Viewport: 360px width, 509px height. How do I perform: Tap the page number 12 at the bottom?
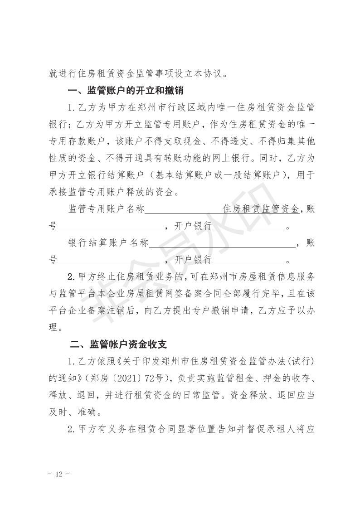[58, 475]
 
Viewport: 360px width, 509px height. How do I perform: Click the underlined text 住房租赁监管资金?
[262, 209]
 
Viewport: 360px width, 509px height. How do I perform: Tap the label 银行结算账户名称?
[108, 243]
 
